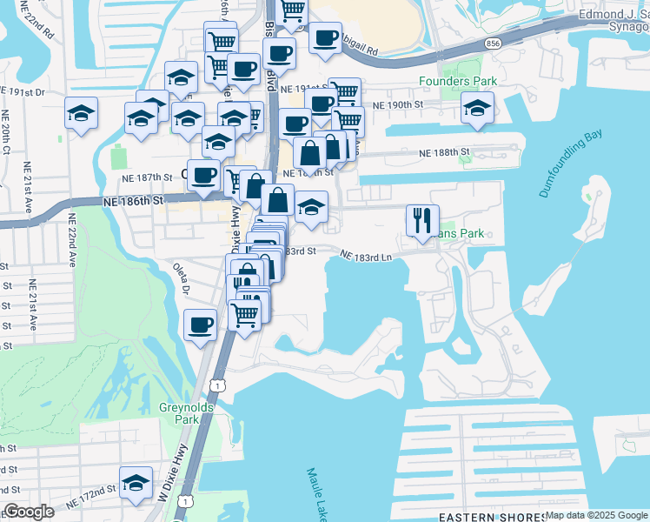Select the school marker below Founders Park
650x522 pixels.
click(476, 109)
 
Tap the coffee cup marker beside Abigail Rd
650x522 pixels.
click(325, 37)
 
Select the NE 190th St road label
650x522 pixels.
click(397, 104)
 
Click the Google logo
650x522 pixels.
click(29, 512)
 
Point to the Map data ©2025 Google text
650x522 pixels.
click(595, 515)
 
